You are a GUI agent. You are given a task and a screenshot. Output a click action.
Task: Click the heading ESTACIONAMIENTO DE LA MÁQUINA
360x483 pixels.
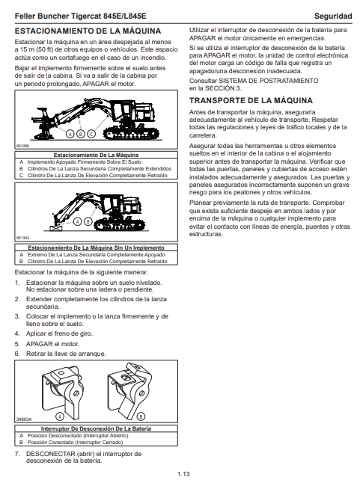coord(88,31)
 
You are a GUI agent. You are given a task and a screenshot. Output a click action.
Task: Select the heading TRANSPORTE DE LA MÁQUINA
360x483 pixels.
coord(251,100)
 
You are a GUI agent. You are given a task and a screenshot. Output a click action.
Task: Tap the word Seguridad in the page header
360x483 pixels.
coord(333,16)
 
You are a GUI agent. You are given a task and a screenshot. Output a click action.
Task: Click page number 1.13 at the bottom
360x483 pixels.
coord(183,474)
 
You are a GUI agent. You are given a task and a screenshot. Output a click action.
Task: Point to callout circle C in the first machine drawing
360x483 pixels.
coord(91,134)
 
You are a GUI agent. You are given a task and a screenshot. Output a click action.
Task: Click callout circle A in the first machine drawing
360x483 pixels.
coord(70,134)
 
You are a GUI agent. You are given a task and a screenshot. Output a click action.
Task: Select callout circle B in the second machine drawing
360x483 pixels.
coord(88,221)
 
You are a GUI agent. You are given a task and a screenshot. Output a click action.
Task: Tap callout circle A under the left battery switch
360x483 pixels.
coord(60,416)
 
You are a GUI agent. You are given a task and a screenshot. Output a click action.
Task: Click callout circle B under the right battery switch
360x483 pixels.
coord(141,416)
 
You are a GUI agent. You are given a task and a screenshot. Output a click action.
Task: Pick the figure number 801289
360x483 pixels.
coord(22,146)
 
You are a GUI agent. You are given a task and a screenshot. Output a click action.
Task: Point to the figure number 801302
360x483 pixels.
coord(22,238)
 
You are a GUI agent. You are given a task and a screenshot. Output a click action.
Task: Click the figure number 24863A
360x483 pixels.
coord(24,419)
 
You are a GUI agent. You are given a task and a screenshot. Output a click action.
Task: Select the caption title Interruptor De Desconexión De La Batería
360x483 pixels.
coord(96,428)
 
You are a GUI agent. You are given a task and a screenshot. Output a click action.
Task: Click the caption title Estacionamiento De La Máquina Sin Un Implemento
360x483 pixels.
coord(96,247)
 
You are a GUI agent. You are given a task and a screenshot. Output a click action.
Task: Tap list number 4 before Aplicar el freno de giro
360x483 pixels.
coord(17,333)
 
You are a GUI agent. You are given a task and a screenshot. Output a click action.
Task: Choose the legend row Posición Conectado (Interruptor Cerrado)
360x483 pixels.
coord(75,443)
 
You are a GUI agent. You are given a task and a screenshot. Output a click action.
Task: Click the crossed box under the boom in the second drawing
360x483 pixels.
coord(56,228)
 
